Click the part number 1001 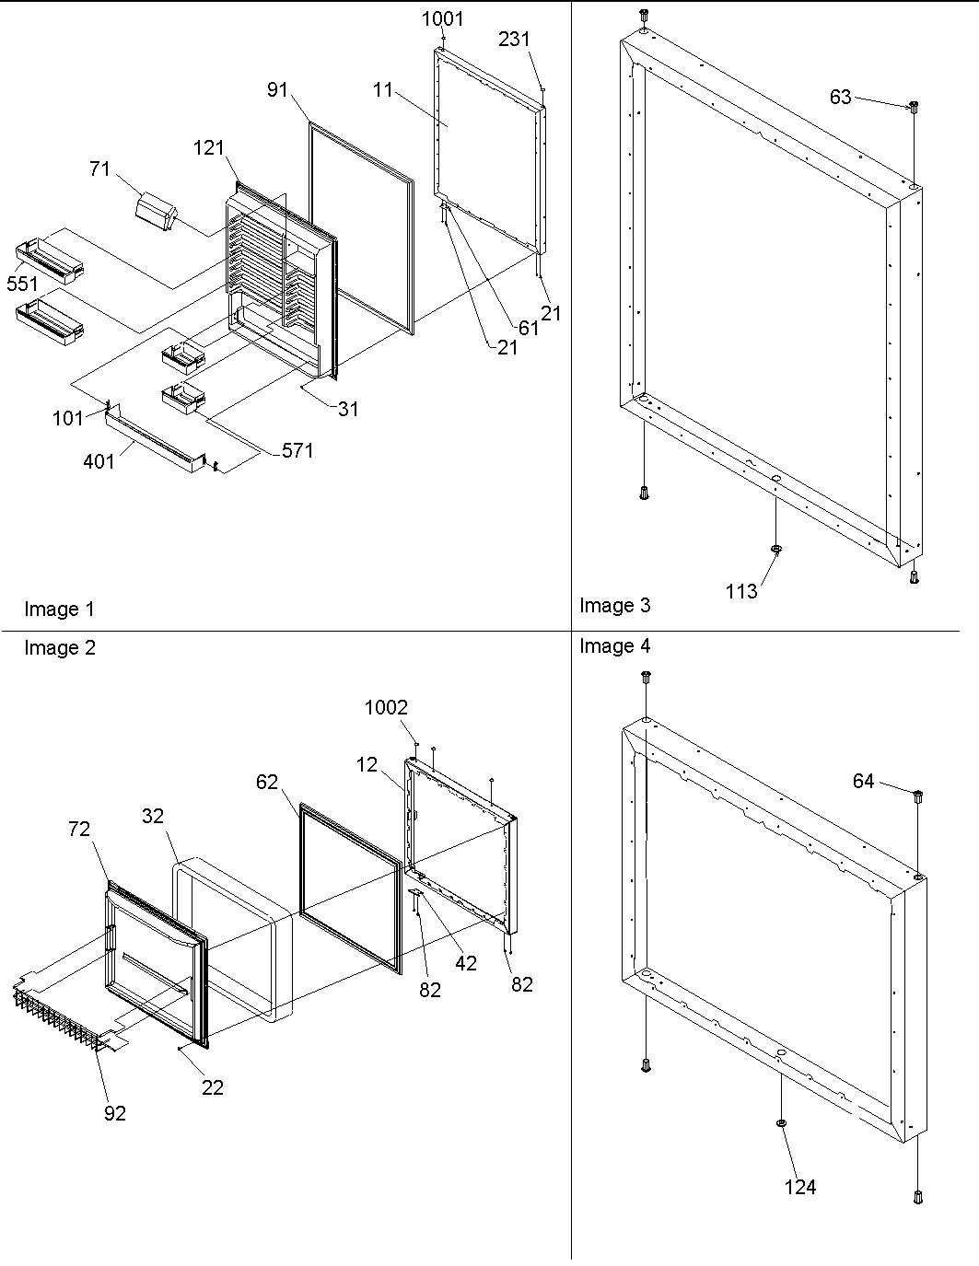[443, 19]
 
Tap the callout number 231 [515, 40]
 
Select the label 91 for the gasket [278, 89]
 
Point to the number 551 [22, 285]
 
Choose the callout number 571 [297, 450]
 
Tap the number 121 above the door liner [209, 147]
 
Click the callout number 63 [841, 97]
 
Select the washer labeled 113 [776, 550]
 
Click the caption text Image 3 [614, 605]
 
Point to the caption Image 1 [59, 609]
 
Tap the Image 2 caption [59, 648]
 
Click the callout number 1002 [386, 707]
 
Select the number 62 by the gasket [267, 783]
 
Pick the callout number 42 [466, 963]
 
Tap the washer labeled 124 [781, 1123]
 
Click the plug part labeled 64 [918, 796]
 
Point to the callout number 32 [153, 816]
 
